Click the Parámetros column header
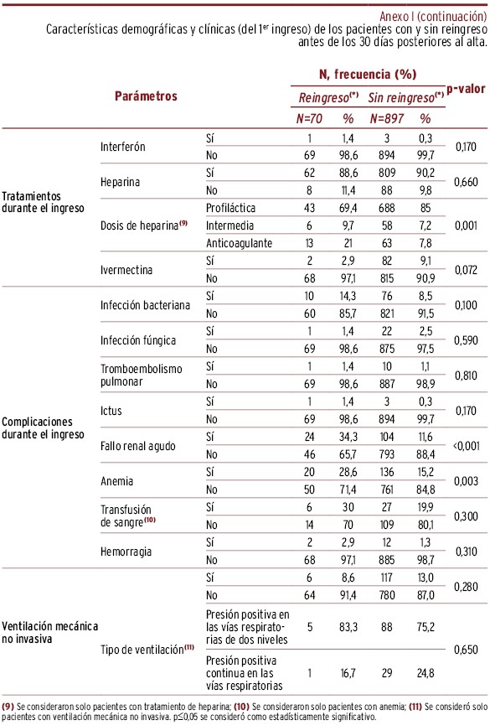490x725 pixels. tap(146, 96)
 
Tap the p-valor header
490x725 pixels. tap(466, 89)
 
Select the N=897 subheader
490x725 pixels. tap(386, 119)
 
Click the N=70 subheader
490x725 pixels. tap(309, 119)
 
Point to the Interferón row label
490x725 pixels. tap(123, 147)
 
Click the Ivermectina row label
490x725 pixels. tap(126, 270)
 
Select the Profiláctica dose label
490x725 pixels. tap(230, 208)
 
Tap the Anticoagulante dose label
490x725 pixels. tap(239, 243)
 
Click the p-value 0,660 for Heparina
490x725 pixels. tap(466, 182)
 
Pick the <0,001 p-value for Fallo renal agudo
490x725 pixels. tap(466, 446)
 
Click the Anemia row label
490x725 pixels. tap(117, 481)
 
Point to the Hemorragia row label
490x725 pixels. tap(126, 552)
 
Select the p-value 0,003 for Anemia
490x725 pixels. tap(466, 481)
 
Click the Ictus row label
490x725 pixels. tap(111, 411)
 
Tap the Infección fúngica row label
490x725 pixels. tap(138, 340)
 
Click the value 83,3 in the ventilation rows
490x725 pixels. tap(348, 627)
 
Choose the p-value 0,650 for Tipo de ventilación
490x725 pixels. tap(466, 650)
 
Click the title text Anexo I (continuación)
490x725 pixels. tap(433, 16)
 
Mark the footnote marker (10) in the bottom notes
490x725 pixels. tap(241, 707)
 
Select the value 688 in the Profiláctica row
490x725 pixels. tap(386, 208)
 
